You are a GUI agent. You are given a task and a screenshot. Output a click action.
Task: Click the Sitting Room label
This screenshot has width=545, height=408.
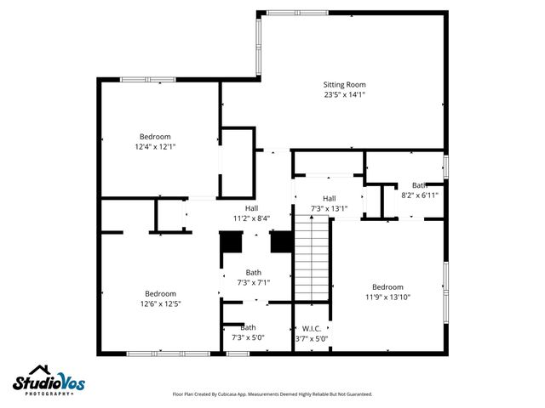(344, 84)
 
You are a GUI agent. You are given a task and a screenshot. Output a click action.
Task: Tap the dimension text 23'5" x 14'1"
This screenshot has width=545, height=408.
(344, 94)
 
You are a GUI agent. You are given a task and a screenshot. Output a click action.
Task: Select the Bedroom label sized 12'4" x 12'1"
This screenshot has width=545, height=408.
(155, 136)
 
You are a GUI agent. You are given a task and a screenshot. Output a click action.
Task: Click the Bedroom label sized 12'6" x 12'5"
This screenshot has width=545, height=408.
(160, 293)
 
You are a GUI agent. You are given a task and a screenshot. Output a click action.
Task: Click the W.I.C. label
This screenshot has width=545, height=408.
(311, 328)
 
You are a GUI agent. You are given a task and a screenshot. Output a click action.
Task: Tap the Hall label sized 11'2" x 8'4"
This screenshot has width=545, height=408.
(252, 208)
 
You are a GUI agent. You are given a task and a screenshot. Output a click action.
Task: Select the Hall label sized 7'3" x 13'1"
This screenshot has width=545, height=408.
(329, 198)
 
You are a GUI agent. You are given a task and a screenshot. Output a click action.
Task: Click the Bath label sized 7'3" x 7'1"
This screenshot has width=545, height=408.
(254, 273)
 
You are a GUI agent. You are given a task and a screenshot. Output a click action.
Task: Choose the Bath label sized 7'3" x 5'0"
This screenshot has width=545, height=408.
(248, 327)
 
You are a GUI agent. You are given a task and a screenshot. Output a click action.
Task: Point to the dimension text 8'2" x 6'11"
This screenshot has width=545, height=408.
(419, 195)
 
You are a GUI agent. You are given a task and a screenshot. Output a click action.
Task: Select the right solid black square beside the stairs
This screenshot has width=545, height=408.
(281, 243)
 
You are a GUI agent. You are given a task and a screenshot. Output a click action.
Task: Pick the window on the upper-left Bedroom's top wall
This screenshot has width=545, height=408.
(148, 80)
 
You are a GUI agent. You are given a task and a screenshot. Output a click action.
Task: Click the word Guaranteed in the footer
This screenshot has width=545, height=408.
(354, 394)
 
